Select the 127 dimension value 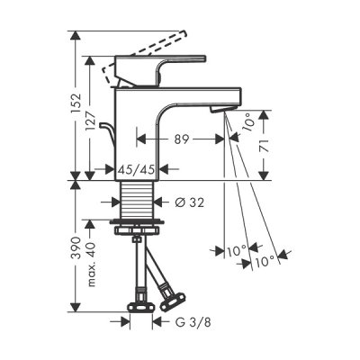(91, 121)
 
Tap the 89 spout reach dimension (182, 139)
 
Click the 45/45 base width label (137, 170)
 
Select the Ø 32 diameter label (190, 202)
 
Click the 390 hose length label (76, 247)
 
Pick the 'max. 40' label (92, 265)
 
